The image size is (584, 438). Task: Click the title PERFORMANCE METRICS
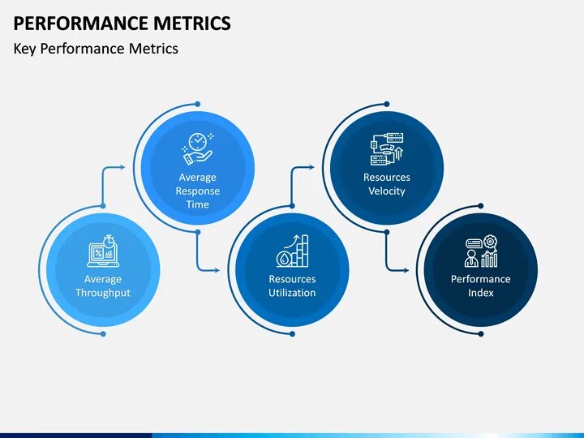122,23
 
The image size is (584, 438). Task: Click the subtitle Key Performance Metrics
96,49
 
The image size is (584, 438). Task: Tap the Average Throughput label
103,286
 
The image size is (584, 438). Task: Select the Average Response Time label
198,191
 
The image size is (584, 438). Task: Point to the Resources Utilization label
292,286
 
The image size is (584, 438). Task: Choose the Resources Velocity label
387,184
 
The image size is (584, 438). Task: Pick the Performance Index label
481,286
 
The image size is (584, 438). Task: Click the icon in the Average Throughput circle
103,252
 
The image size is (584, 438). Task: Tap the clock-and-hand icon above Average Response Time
197,148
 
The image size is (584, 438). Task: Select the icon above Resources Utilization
292,251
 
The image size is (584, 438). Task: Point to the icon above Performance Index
481,252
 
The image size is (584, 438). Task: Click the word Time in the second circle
198,204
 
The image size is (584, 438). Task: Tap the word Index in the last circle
481,293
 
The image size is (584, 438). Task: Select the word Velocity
387,191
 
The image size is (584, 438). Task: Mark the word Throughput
103,293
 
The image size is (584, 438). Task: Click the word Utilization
292,293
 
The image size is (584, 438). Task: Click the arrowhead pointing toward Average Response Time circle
122,168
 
